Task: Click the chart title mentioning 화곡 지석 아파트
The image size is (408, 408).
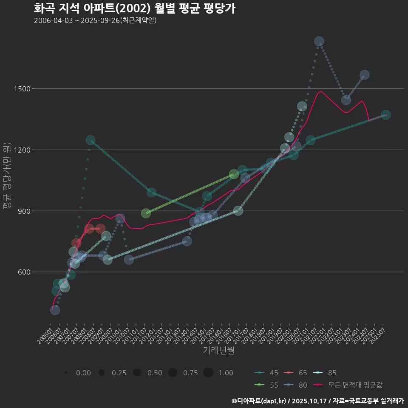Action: pos(134,8)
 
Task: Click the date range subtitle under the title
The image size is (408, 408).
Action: pos(95,20)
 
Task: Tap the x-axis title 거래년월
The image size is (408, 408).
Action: pos(219,351)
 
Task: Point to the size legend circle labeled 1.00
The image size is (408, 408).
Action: pos(208,373)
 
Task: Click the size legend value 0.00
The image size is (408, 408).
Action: pos(83,373)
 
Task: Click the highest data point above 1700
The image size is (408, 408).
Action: pos(319,41)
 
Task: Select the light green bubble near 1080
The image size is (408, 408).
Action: pos(234,175)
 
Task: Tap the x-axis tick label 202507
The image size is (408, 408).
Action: pos(380,335)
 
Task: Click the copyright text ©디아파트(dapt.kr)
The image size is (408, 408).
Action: pos(259,401)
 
